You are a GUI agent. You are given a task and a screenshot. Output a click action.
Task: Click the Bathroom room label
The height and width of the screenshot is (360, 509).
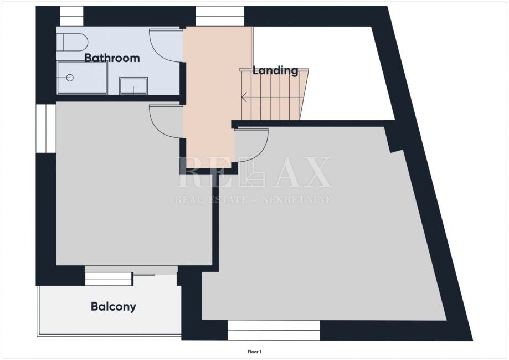click(112, 58)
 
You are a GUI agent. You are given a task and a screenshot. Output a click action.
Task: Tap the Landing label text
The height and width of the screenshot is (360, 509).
click(275, 70)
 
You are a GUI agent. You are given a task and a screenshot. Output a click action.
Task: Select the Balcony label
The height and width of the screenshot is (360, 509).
click(114, 306)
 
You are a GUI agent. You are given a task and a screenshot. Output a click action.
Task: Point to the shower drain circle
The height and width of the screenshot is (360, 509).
click(69, 78)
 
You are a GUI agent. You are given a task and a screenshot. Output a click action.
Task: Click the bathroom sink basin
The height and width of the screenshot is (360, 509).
click(133, 86)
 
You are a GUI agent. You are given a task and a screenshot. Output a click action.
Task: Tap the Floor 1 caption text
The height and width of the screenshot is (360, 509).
click(255, 352)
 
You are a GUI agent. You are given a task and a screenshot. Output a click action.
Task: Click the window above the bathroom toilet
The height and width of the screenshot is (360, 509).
click(71, 16)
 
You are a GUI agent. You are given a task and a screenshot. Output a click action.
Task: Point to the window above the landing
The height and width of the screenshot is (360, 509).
click(220, 16)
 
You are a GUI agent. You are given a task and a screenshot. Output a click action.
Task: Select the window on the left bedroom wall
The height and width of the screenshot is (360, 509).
click(46, 128)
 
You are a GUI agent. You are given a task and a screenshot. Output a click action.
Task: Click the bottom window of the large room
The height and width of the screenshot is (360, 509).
click(274, 331)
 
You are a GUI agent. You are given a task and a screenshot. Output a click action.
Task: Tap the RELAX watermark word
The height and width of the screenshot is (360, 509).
click(254, 172)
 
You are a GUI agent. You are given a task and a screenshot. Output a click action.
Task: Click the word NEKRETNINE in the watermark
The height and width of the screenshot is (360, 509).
click(296, 199)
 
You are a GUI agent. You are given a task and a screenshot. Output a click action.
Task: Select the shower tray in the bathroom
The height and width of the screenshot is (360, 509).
click(82, 78)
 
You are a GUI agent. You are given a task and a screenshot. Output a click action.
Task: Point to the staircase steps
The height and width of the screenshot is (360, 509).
click(274, 94)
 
